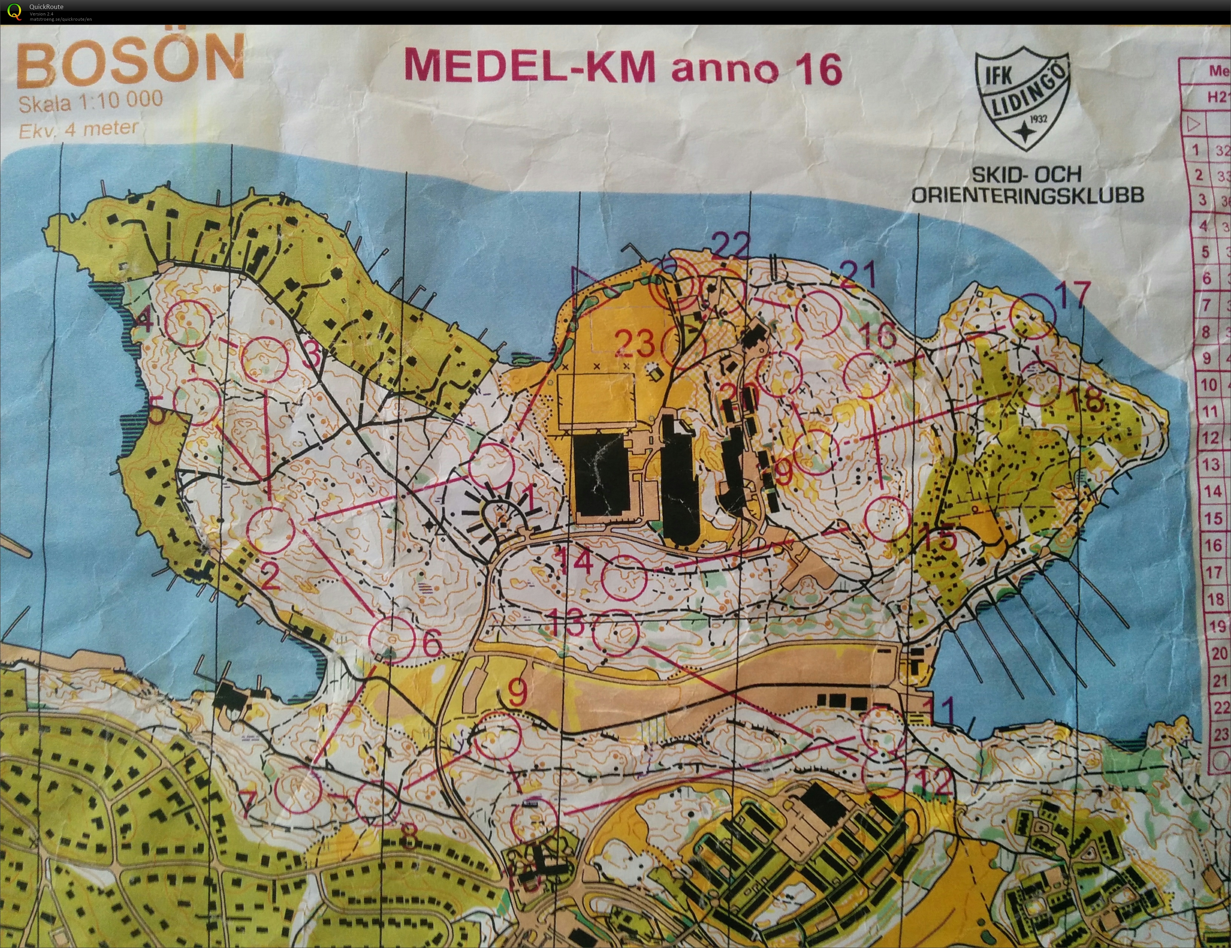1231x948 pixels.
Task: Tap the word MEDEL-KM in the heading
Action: pos(530,66)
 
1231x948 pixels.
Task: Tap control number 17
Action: pos(1072,295)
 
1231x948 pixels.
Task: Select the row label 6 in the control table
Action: pos(1206,277)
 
